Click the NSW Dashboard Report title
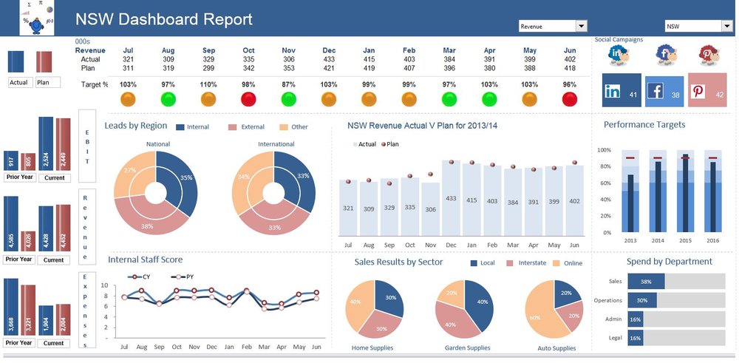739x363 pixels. (x=164, y=20)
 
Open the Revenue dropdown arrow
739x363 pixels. (x=581, y=27)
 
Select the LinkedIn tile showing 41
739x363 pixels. (x=621, y=91)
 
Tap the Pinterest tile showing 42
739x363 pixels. (x=707, y=89)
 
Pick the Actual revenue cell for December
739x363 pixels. (x=329, y=59)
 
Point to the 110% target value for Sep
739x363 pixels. (x=208, y=84)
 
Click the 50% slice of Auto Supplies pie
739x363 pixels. (x=539, y=314)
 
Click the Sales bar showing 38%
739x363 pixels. (x=646, y=281)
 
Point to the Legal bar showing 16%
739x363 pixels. (x=636, y=337)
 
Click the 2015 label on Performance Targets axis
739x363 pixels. (x=685, y=240)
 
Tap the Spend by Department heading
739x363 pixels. (x=669, y=261)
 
